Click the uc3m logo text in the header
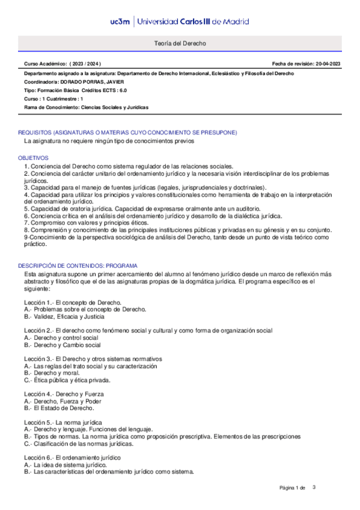click(x=120, y=22)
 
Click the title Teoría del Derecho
click(x=180, y=44)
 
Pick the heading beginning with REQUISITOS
click(x=127, y=132)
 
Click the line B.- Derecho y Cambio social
click(x=63, y=345)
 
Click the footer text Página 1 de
click(x=293, y=487)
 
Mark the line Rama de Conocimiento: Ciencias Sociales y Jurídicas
click(x=86, y=107)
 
